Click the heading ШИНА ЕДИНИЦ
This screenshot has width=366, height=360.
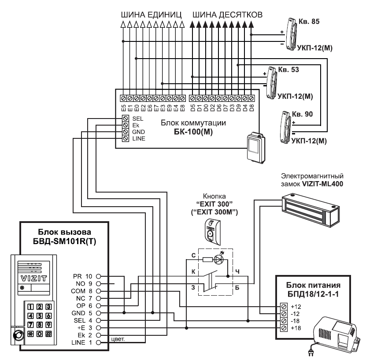[x=151, y=15]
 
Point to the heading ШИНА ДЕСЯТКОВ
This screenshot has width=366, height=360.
[x=227, y=15]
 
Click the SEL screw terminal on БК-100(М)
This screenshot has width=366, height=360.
[x=126, y=119]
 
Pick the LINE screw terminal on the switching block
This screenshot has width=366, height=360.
[x=126, y=138]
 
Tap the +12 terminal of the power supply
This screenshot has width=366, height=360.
[x=284, y=306]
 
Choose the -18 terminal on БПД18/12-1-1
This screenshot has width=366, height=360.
[x=284, y=321]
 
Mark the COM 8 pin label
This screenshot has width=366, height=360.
[x=81, y=291]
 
